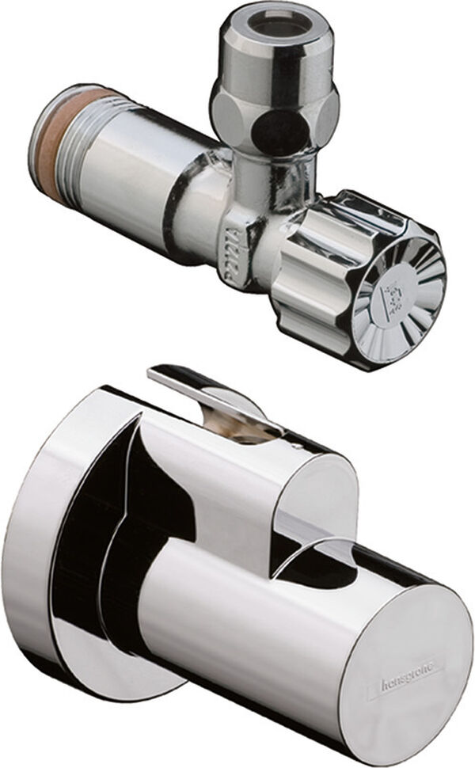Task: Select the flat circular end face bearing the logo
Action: pos(404,665)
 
